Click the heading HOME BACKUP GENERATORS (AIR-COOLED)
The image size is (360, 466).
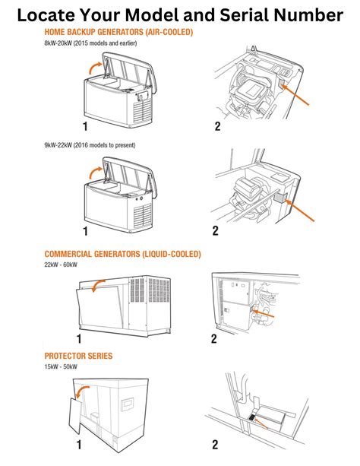(118, 32)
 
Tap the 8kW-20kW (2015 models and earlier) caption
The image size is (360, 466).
(90, 43)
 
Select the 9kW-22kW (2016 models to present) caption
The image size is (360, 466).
(90, 145)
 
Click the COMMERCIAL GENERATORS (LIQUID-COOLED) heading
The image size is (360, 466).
(123, 254)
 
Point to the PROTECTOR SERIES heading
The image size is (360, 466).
(78, 356)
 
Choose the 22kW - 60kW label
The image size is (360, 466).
(61, 265)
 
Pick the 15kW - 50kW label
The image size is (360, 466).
(61, 366)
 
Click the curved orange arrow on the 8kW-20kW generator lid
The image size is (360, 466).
(96, 68)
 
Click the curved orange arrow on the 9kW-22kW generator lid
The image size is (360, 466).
(96, 172)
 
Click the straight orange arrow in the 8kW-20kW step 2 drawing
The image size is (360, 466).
(295, 95)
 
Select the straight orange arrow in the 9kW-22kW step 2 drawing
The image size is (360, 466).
(299, 211)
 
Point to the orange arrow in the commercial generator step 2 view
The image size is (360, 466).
(263, 313)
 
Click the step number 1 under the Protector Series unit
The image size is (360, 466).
(79, 445)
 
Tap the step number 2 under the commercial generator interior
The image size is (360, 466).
(214, 339)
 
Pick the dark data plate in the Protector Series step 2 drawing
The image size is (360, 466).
(251, 417)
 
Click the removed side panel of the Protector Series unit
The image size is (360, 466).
(76, 416)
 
